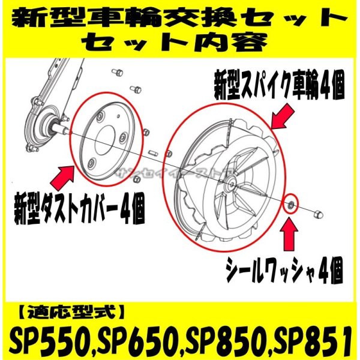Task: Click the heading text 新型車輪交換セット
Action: tap(180, 17)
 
